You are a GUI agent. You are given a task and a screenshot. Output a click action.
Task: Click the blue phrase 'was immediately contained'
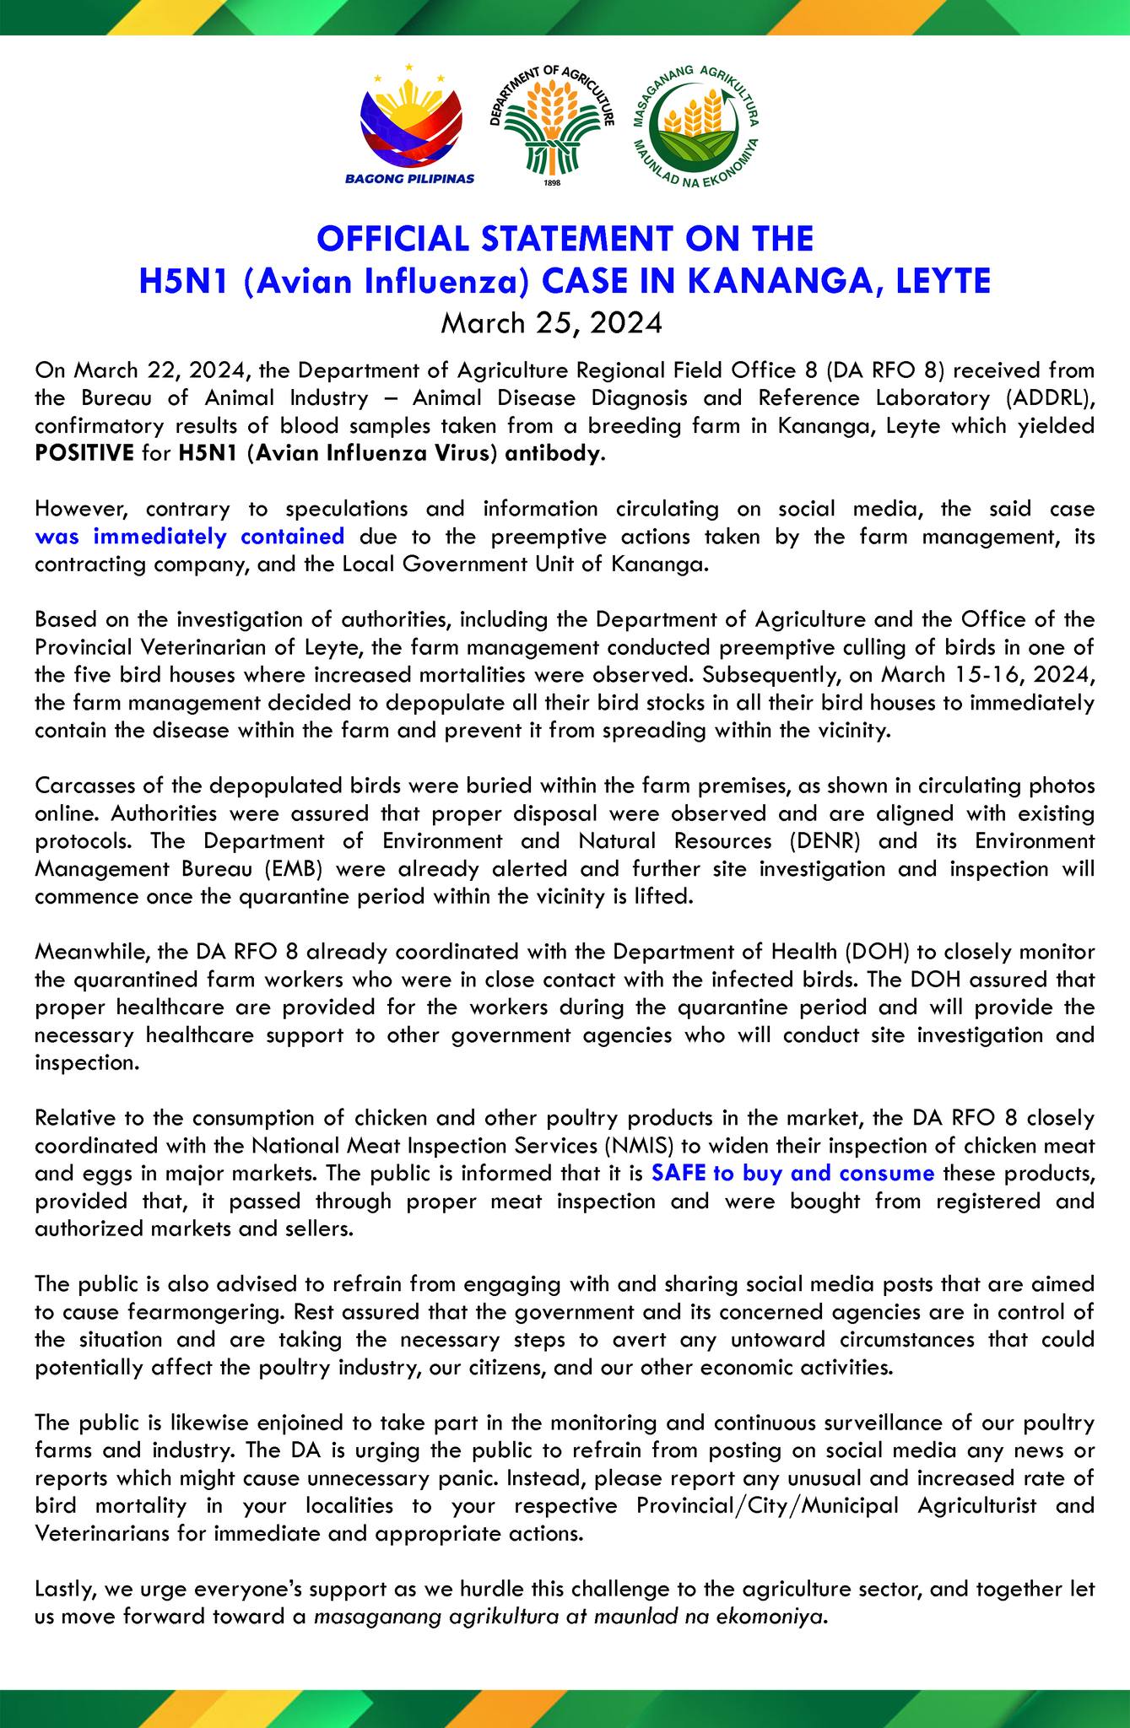point(190,537)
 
